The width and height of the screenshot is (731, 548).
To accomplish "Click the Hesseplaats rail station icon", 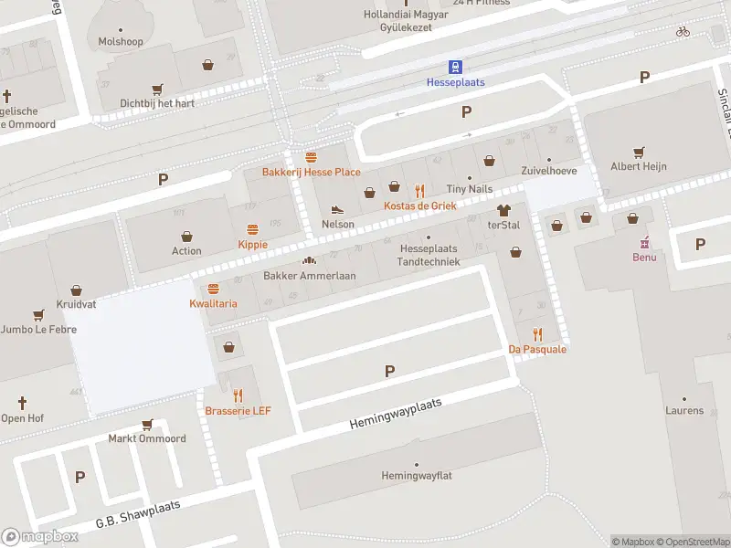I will click(x=455, y=66).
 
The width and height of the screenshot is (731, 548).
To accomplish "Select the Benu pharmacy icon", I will click(x=644, y=242).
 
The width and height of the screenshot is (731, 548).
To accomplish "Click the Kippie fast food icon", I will click(x=253, y=229).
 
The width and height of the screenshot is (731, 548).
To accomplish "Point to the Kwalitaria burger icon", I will click(x=213, y=289).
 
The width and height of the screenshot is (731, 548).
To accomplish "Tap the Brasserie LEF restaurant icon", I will click(x=238, y=395).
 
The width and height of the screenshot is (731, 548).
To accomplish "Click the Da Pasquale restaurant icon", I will click(x=537, y=334).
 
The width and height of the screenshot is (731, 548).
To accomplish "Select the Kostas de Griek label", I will click(x=419, y=205).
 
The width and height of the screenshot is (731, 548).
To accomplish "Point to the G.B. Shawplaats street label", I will click(x=139, y=515).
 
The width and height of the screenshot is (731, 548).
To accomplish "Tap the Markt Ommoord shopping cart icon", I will click(x=147, y=425).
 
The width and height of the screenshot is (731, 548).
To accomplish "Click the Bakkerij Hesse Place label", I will click(x=311, y=172).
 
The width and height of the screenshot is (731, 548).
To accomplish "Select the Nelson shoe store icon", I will click(x=337, y=209).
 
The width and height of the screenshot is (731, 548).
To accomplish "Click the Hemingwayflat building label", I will click(x=417, y=476).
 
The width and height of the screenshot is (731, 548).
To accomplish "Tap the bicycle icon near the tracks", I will click(x=683, y=31).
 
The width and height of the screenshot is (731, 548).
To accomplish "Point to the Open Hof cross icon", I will click(x=23, y=402).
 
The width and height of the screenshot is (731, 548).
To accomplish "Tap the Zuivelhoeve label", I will click(x=548, y=171).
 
